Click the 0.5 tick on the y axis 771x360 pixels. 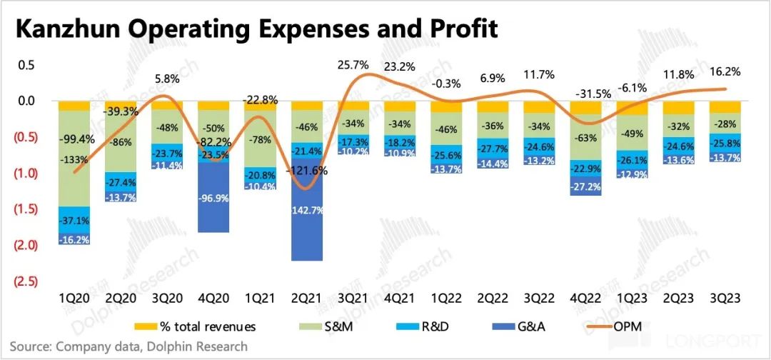pos(26,65)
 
